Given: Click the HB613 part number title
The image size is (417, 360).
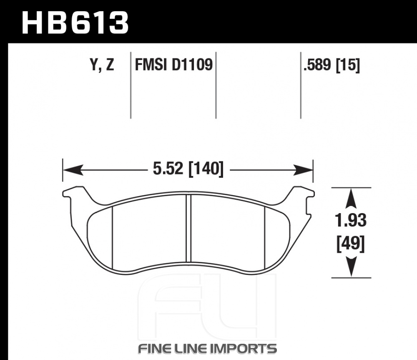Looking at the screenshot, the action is click(x=75, y=23).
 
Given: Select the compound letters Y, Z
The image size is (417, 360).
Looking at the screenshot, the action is click(x=102, y=65).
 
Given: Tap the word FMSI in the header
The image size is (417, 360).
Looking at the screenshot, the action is click(x=151, y=65).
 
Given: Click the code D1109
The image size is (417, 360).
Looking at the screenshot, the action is click(x=192, y=65).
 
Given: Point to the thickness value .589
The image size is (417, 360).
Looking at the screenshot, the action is click(x=318, y=65).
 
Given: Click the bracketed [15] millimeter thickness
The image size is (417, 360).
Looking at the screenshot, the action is click(x=348, y=65).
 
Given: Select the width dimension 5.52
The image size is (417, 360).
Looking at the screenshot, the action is click(x=168, y=169).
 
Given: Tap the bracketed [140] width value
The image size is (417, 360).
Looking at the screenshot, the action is click(x=206, y=169).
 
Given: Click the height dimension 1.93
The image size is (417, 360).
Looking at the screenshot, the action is click(x=351, y=221).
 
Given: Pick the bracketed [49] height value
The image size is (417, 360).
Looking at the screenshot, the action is click(x=351, y=243).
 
